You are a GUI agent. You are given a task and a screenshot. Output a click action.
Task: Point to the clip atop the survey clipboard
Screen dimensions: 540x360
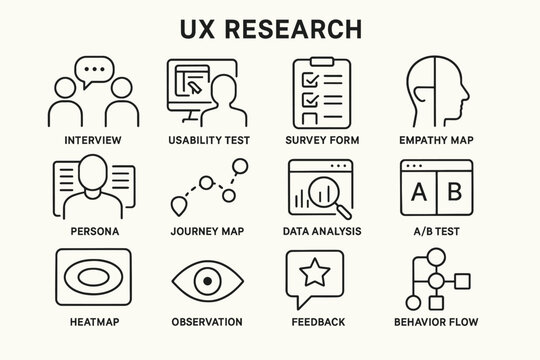pyautogui.click(x=318, y=63)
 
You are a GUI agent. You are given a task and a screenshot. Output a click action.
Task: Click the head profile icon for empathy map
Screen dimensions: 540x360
pyautogui.click(x=438, y=93)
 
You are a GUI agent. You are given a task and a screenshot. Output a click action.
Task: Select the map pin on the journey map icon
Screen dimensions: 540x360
pyautogui.click(x=179, y=207)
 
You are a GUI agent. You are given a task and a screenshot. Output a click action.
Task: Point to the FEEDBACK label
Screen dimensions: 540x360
pyautogui.click(x=318, y=322)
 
